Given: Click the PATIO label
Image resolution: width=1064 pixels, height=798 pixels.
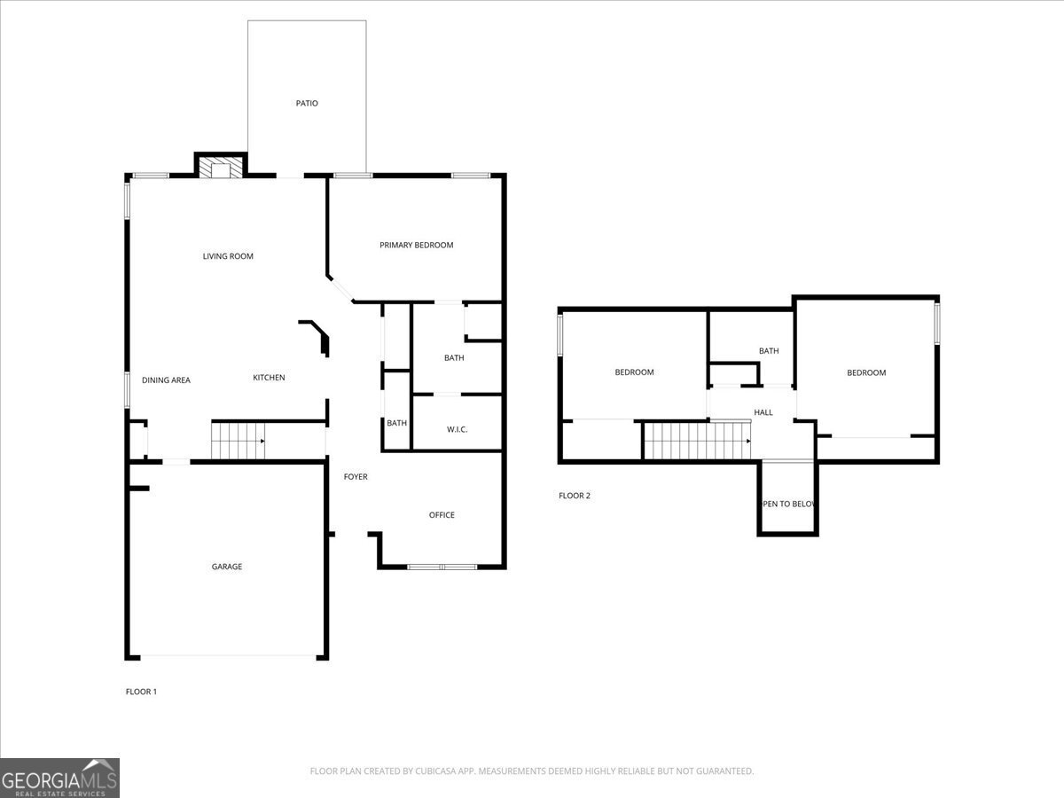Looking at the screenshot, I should [x=307, y=104].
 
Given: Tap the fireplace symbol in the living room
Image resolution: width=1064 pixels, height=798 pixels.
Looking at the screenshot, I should [x=220, y=168].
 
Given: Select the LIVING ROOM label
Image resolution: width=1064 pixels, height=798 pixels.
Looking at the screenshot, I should [x=228, y=256].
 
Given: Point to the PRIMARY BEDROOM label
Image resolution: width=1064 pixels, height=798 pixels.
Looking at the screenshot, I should [x=416, y=245].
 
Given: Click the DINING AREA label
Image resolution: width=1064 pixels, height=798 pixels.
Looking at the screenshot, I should [x=166, y=380].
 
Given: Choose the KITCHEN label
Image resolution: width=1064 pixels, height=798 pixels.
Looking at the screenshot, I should [x=269, y=378].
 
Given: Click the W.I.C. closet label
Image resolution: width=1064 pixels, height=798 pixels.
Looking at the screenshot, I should [x=457, y=430].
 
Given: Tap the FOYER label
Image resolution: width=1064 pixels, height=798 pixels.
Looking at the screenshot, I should [x=356, y=477].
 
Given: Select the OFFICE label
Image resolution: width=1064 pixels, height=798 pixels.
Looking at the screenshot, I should [x=442, y=515].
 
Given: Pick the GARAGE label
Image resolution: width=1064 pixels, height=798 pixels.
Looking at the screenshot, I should [x=226, y=567].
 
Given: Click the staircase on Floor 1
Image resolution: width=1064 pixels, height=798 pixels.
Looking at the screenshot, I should [x=238, y=441].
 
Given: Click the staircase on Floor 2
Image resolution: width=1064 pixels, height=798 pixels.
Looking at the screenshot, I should [x=697, y=441].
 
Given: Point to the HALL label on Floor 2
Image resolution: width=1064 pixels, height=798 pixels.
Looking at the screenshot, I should [x=763, y=412].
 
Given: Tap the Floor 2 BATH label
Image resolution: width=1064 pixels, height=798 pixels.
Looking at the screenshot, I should [x=769, y=351].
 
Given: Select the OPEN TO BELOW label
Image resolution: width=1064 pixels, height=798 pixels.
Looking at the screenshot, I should [x=788, y=504].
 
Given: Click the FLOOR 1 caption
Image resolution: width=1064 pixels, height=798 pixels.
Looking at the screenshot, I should [x=141, y=692].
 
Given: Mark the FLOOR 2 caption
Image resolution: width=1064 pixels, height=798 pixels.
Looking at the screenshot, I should [x=575, y=496].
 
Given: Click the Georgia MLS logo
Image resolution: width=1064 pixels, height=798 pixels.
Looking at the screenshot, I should [x=59, y=778].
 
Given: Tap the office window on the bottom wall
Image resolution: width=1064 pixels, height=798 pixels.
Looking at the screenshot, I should [x=442, y=566].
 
